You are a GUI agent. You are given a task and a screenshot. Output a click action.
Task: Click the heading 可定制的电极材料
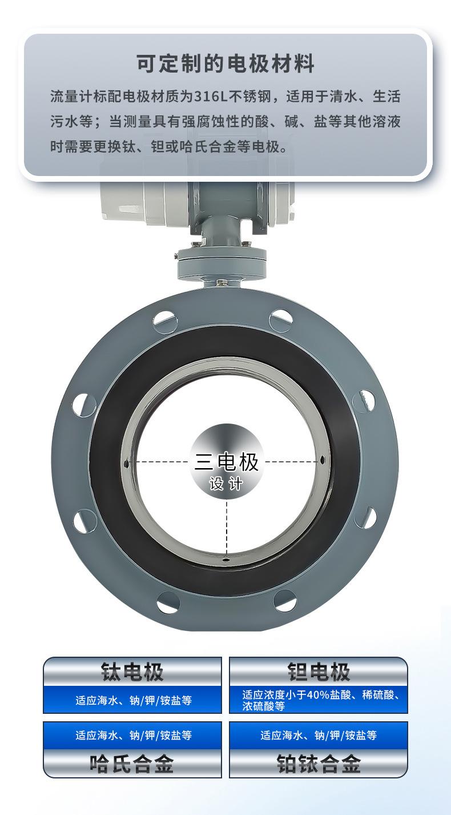pyautogui.click(x=226, y=63)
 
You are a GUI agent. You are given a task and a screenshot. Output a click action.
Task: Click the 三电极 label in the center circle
pyautogui.click(x=227, y=462)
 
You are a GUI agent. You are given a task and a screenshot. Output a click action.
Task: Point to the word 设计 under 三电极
pyautogui.click(x=226, y=484)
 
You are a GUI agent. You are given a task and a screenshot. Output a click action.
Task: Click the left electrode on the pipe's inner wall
pyautogui.click(x=126, y=463)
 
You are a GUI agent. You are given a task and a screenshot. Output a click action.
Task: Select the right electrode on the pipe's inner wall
pyautogui.click(x=323, y=461)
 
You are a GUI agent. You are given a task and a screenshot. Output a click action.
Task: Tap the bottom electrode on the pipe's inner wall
pyautogui.click(x=226, y=558)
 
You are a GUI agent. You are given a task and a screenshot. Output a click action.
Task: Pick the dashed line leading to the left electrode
pyautogui.click(x=160, y=462)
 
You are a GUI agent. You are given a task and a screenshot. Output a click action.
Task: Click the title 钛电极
pyautogui.click(x=132, y=672)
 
